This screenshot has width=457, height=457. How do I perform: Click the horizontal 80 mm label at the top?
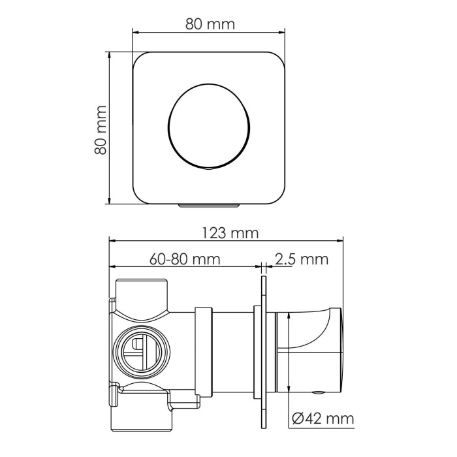pyautogui.click(x=209, y=25)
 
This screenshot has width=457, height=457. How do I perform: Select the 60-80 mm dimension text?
pyautogui.click(x=183, y=259)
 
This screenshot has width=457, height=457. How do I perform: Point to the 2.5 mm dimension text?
pyautogui.click(x=301, y=259)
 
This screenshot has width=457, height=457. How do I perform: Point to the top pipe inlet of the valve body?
pyautogui.click(x=142, y=291)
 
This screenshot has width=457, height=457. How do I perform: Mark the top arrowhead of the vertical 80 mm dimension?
pyautogui.click(x=110, y=57)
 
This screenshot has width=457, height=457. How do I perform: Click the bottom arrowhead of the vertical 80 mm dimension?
pyautogui.click(x=110, y=200)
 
